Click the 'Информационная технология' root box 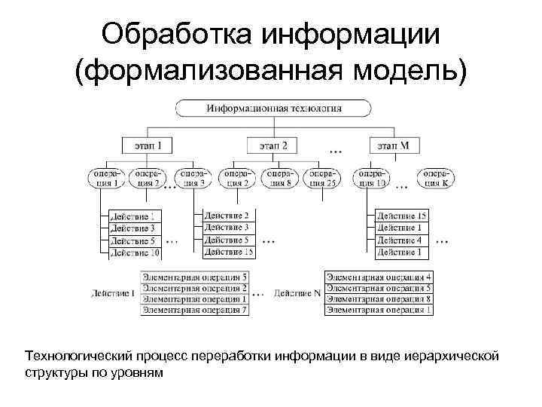tap(274, 108)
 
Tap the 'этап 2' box tap(272, 145)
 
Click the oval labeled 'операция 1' tap(107, 177)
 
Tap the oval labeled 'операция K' tap(435, 177)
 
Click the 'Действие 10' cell tap(132, 252)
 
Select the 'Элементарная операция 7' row tap(194, 310)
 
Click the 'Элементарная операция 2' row tap(194, 289)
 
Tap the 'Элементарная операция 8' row tap(379, 299)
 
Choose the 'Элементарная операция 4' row tap(379, 277)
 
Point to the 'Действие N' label tap(297, 292)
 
